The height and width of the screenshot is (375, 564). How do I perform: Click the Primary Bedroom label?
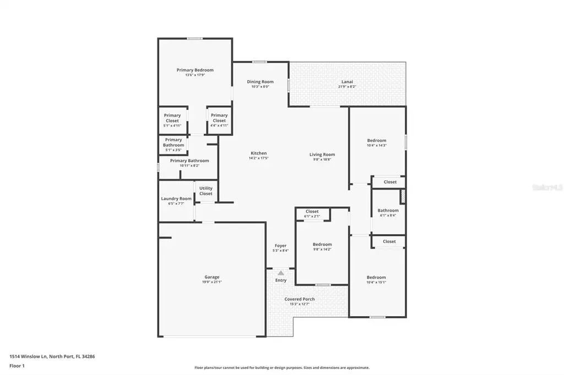click(195, 70)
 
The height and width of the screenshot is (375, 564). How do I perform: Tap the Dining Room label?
click(260, 82)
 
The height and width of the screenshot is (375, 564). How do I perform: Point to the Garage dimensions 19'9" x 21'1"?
click(212, 282)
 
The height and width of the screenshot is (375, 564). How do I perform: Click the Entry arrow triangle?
click(281, 273)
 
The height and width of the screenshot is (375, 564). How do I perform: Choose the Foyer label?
click(280, 246)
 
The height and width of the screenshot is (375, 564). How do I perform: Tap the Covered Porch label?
click(300, 299)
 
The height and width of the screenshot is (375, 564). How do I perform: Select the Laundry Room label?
click(176, 198)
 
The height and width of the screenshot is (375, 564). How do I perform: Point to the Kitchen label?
click(259, 153)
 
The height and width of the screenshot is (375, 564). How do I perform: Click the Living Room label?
click(322, 155)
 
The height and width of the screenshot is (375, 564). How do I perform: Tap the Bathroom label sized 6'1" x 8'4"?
click(388, 211)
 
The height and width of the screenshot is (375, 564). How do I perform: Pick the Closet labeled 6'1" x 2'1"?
click(312, 212)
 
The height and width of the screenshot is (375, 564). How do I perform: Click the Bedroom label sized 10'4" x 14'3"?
click(377, 140)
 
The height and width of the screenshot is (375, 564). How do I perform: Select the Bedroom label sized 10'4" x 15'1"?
click(377, 278)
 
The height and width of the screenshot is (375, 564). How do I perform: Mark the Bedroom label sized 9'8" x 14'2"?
click(322, 244)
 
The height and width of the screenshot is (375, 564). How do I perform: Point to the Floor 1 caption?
click(17, 366)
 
